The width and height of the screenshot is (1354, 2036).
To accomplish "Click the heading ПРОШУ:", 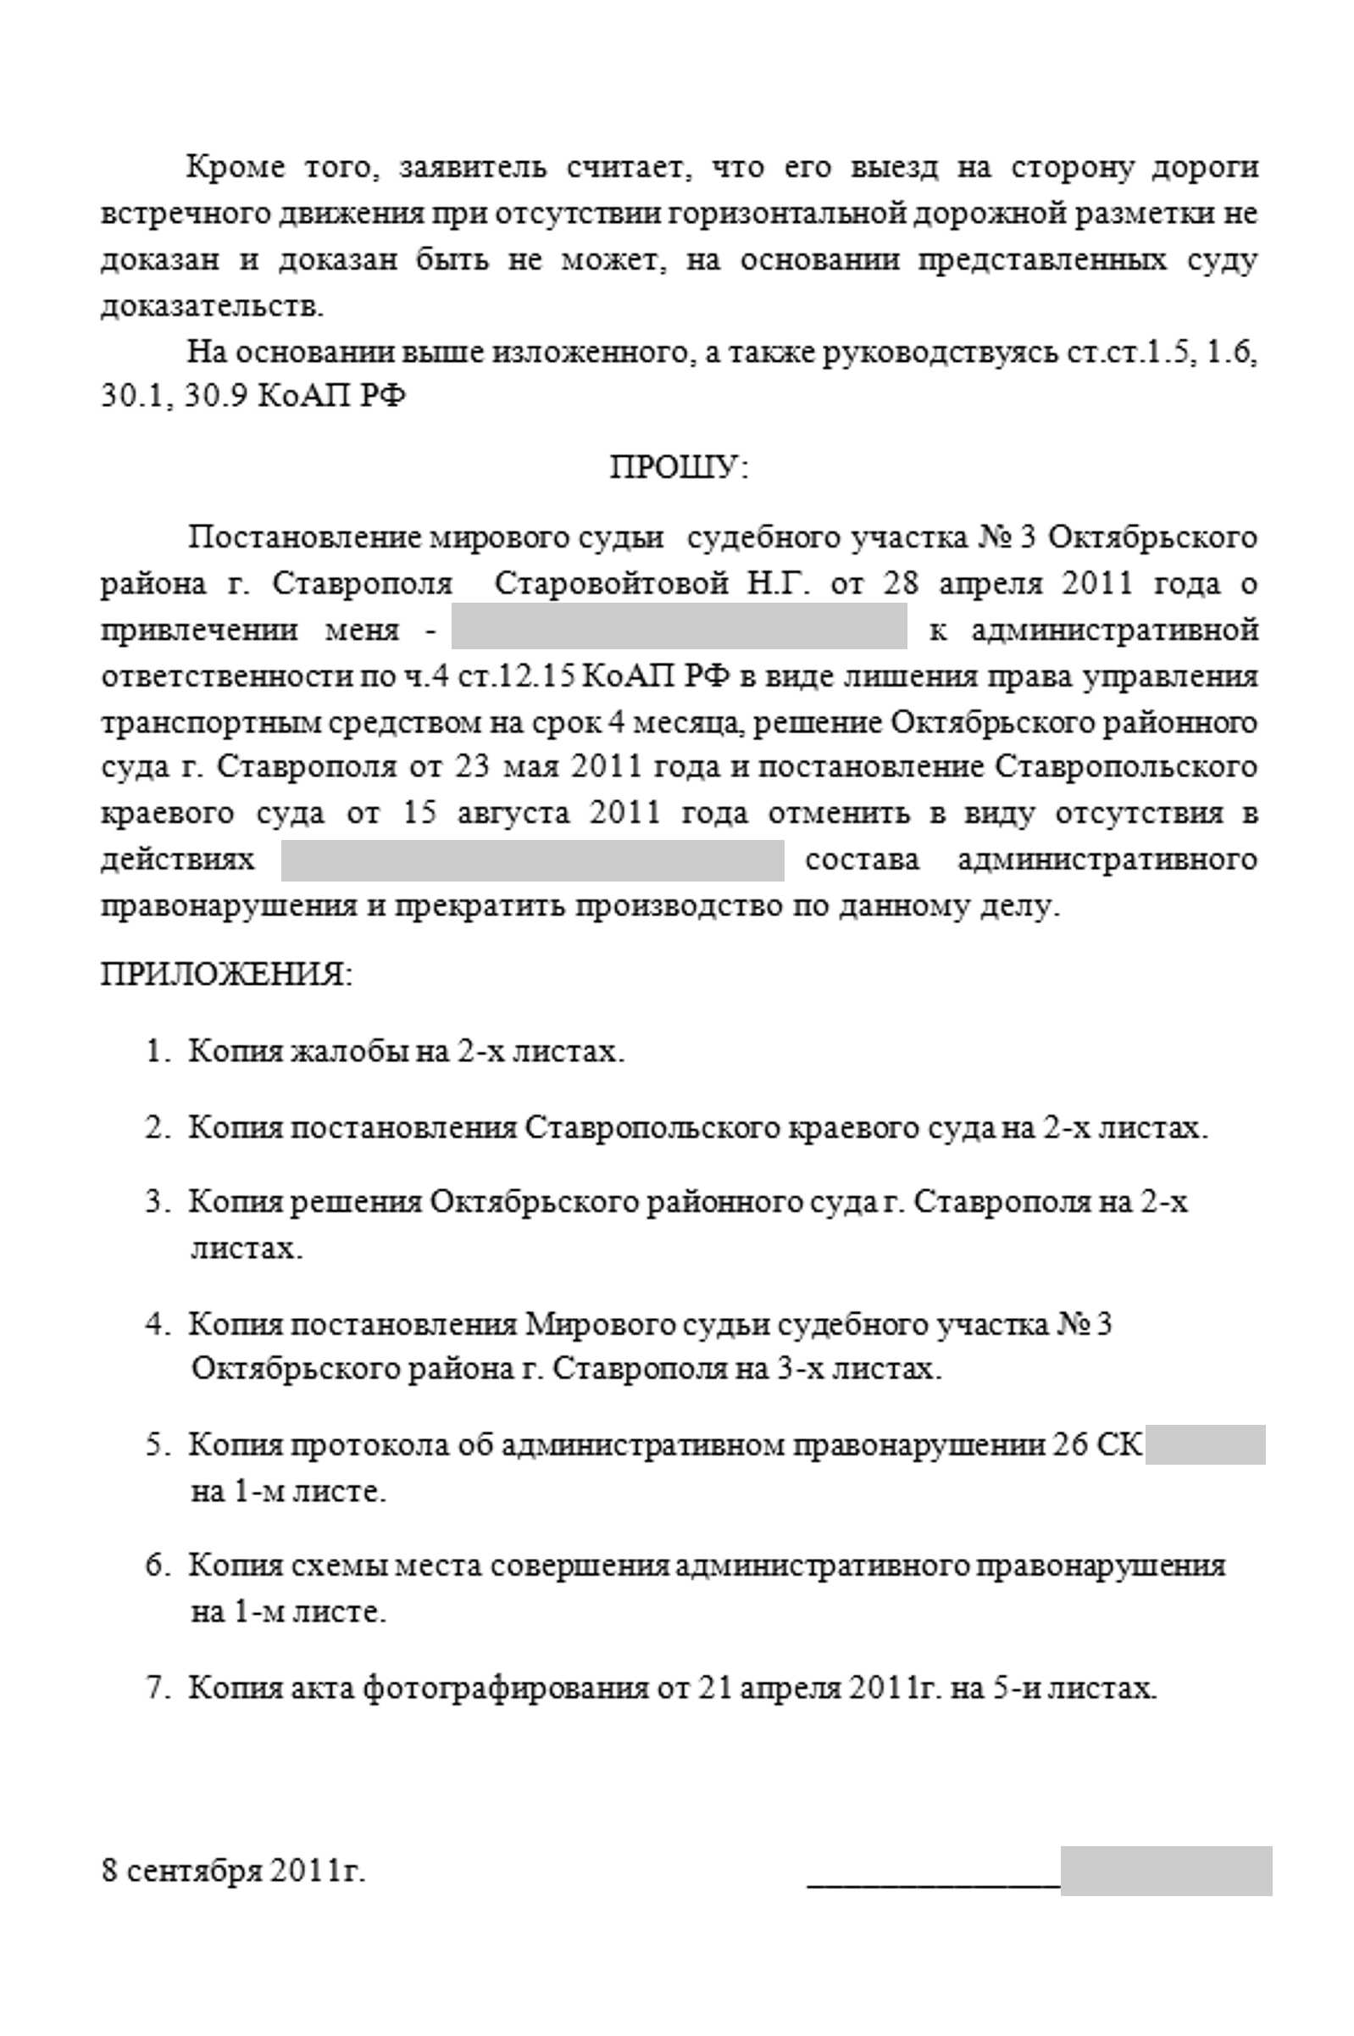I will click(679, 468).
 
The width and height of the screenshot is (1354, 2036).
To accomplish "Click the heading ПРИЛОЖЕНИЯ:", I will click(226, 976).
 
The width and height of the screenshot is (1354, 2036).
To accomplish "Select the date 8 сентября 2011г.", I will click(233, 1871).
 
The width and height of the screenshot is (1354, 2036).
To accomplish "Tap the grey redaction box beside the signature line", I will click(1166, 1871).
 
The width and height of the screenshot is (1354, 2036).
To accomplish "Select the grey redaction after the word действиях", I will click(532, 860).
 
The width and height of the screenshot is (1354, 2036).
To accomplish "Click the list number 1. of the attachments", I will click(155, 1052).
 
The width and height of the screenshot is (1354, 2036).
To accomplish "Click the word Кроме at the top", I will click(236, 167).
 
